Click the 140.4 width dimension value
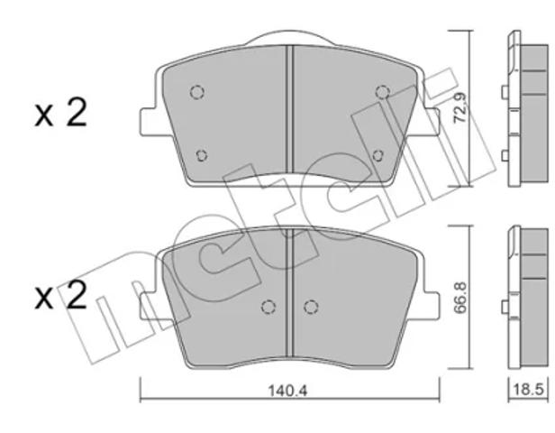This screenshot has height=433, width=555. pyautogui.click(x=287, y=391)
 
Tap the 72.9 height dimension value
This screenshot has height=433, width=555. pyautogui.click(x=460, y=108)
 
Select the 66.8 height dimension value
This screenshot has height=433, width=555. pyautogui.click(x=460, y=298)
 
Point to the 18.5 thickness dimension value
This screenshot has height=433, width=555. pyautogui.click(x=528, y=390)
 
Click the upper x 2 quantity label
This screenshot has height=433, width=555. pyautogui.click(x=60, y=113)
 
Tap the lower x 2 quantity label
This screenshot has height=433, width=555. pyautogui.click(x=60, y=295)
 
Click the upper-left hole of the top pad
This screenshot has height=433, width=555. pyautogui.click(x=197, y=92)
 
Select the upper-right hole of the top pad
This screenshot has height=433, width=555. pyautogui.click(x=382, y=92)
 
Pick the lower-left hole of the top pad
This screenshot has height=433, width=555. pyautogui.click(x=202, y=155)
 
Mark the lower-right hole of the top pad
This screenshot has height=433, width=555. pyautogui.click(x=378, y=155)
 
